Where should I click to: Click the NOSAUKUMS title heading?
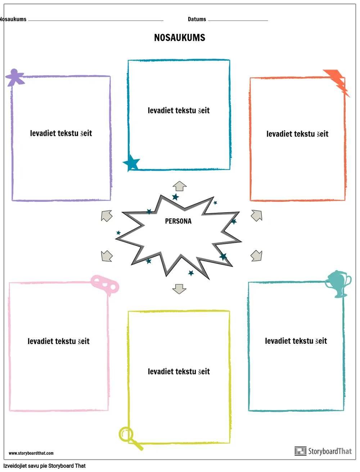coord(180,38)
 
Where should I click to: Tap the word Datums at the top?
coord(197,19)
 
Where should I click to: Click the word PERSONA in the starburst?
coord(178,221)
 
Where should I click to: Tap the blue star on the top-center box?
coord(132,163)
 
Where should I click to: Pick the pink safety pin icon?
coord(104,285)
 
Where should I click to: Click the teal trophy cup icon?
coord(338,284)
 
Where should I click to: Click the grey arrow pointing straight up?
coord(179,186)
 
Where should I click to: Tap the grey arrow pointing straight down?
coord(179,289)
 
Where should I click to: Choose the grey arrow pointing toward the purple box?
coord(107,216)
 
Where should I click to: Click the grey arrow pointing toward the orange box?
coord(256,215)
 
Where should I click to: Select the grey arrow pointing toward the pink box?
coord(107,256)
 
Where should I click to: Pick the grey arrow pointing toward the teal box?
coord(256,256)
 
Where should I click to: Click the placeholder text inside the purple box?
coord(61,133)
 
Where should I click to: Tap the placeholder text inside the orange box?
coord(297,134)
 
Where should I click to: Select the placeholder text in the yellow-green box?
coord(179,371)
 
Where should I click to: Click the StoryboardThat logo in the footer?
coord(323,451)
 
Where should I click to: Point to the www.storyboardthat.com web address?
coord(31,453)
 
